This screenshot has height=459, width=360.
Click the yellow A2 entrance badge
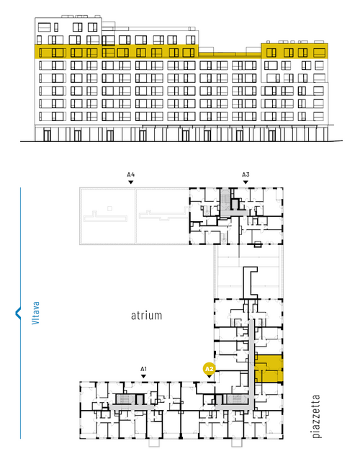[x=210, y=369]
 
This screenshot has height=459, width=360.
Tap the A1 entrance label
[x=143, y=369]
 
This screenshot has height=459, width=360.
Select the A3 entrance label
[x=246, y=174]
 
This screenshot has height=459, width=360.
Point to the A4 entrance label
[x=131, y=174]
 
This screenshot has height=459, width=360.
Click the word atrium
[x=146, y=316]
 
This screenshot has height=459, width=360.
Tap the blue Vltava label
[x=36, y=313]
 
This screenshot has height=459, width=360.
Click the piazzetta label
[x=316, y=416]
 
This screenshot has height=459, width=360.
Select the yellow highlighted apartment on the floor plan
[x=269, y=368]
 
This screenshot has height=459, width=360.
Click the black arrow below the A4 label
[x=131, y=182]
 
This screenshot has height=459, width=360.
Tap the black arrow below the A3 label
[x=246, y=182]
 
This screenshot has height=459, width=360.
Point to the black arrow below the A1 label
[x=143, y=376]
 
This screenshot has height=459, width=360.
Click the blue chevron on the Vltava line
[x=18, y=313]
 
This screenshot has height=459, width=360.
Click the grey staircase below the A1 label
[x=125, y=399]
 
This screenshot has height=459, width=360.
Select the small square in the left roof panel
[x=109, y=208]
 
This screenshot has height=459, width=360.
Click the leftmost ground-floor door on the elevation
[x=47, y=135]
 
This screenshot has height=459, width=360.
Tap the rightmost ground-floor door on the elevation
[x=272, y=135]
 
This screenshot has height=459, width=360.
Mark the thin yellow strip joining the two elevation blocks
[x=230, y=55]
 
